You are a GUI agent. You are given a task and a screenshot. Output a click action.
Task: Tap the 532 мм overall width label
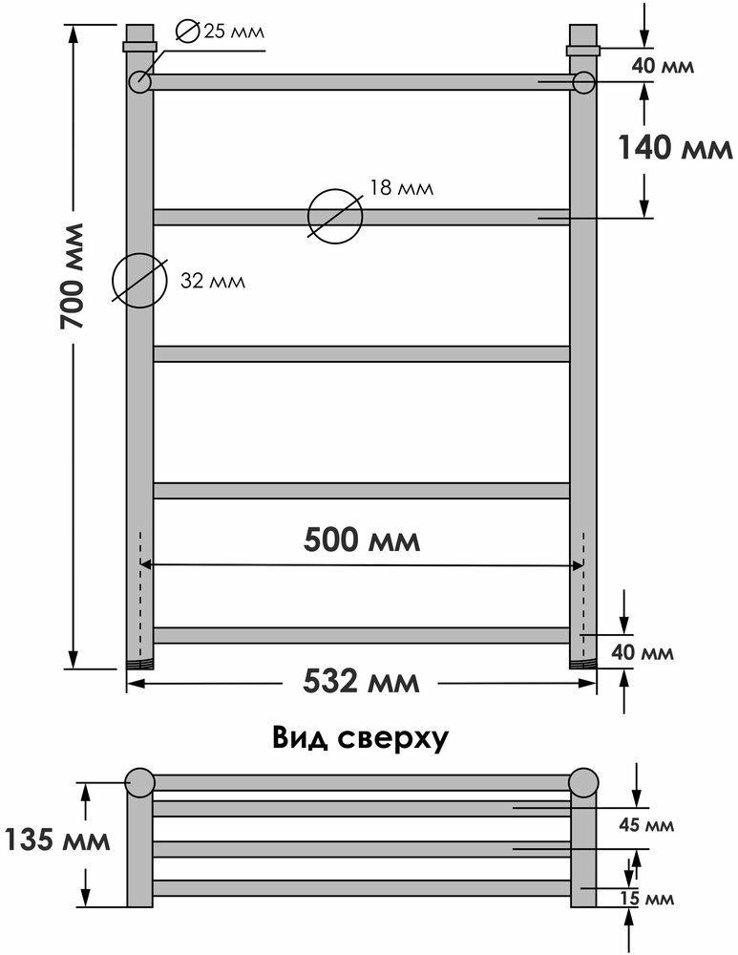(x=361, y=682)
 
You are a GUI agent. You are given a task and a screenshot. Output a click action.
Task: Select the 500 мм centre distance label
(x=361, y=540)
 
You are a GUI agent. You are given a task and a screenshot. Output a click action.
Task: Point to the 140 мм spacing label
(x=673, y=148)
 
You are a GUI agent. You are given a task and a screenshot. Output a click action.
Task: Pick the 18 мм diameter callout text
(x=401, y=187)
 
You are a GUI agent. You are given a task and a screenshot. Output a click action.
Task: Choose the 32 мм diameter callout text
(x=212, y=281)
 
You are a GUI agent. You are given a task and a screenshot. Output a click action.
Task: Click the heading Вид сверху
(x=360, y=738)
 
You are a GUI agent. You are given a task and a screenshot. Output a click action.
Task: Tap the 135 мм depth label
(x=56, y=841)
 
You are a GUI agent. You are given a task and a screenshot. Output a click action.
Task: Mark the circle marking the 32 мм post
(x=139, y=281)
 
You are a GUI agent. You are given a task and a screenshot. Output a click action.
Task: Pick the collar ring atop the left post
(x=139, y=45)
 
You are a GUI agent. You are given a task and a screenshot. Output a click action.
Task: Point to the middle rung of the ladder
(x=361, y=353)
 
